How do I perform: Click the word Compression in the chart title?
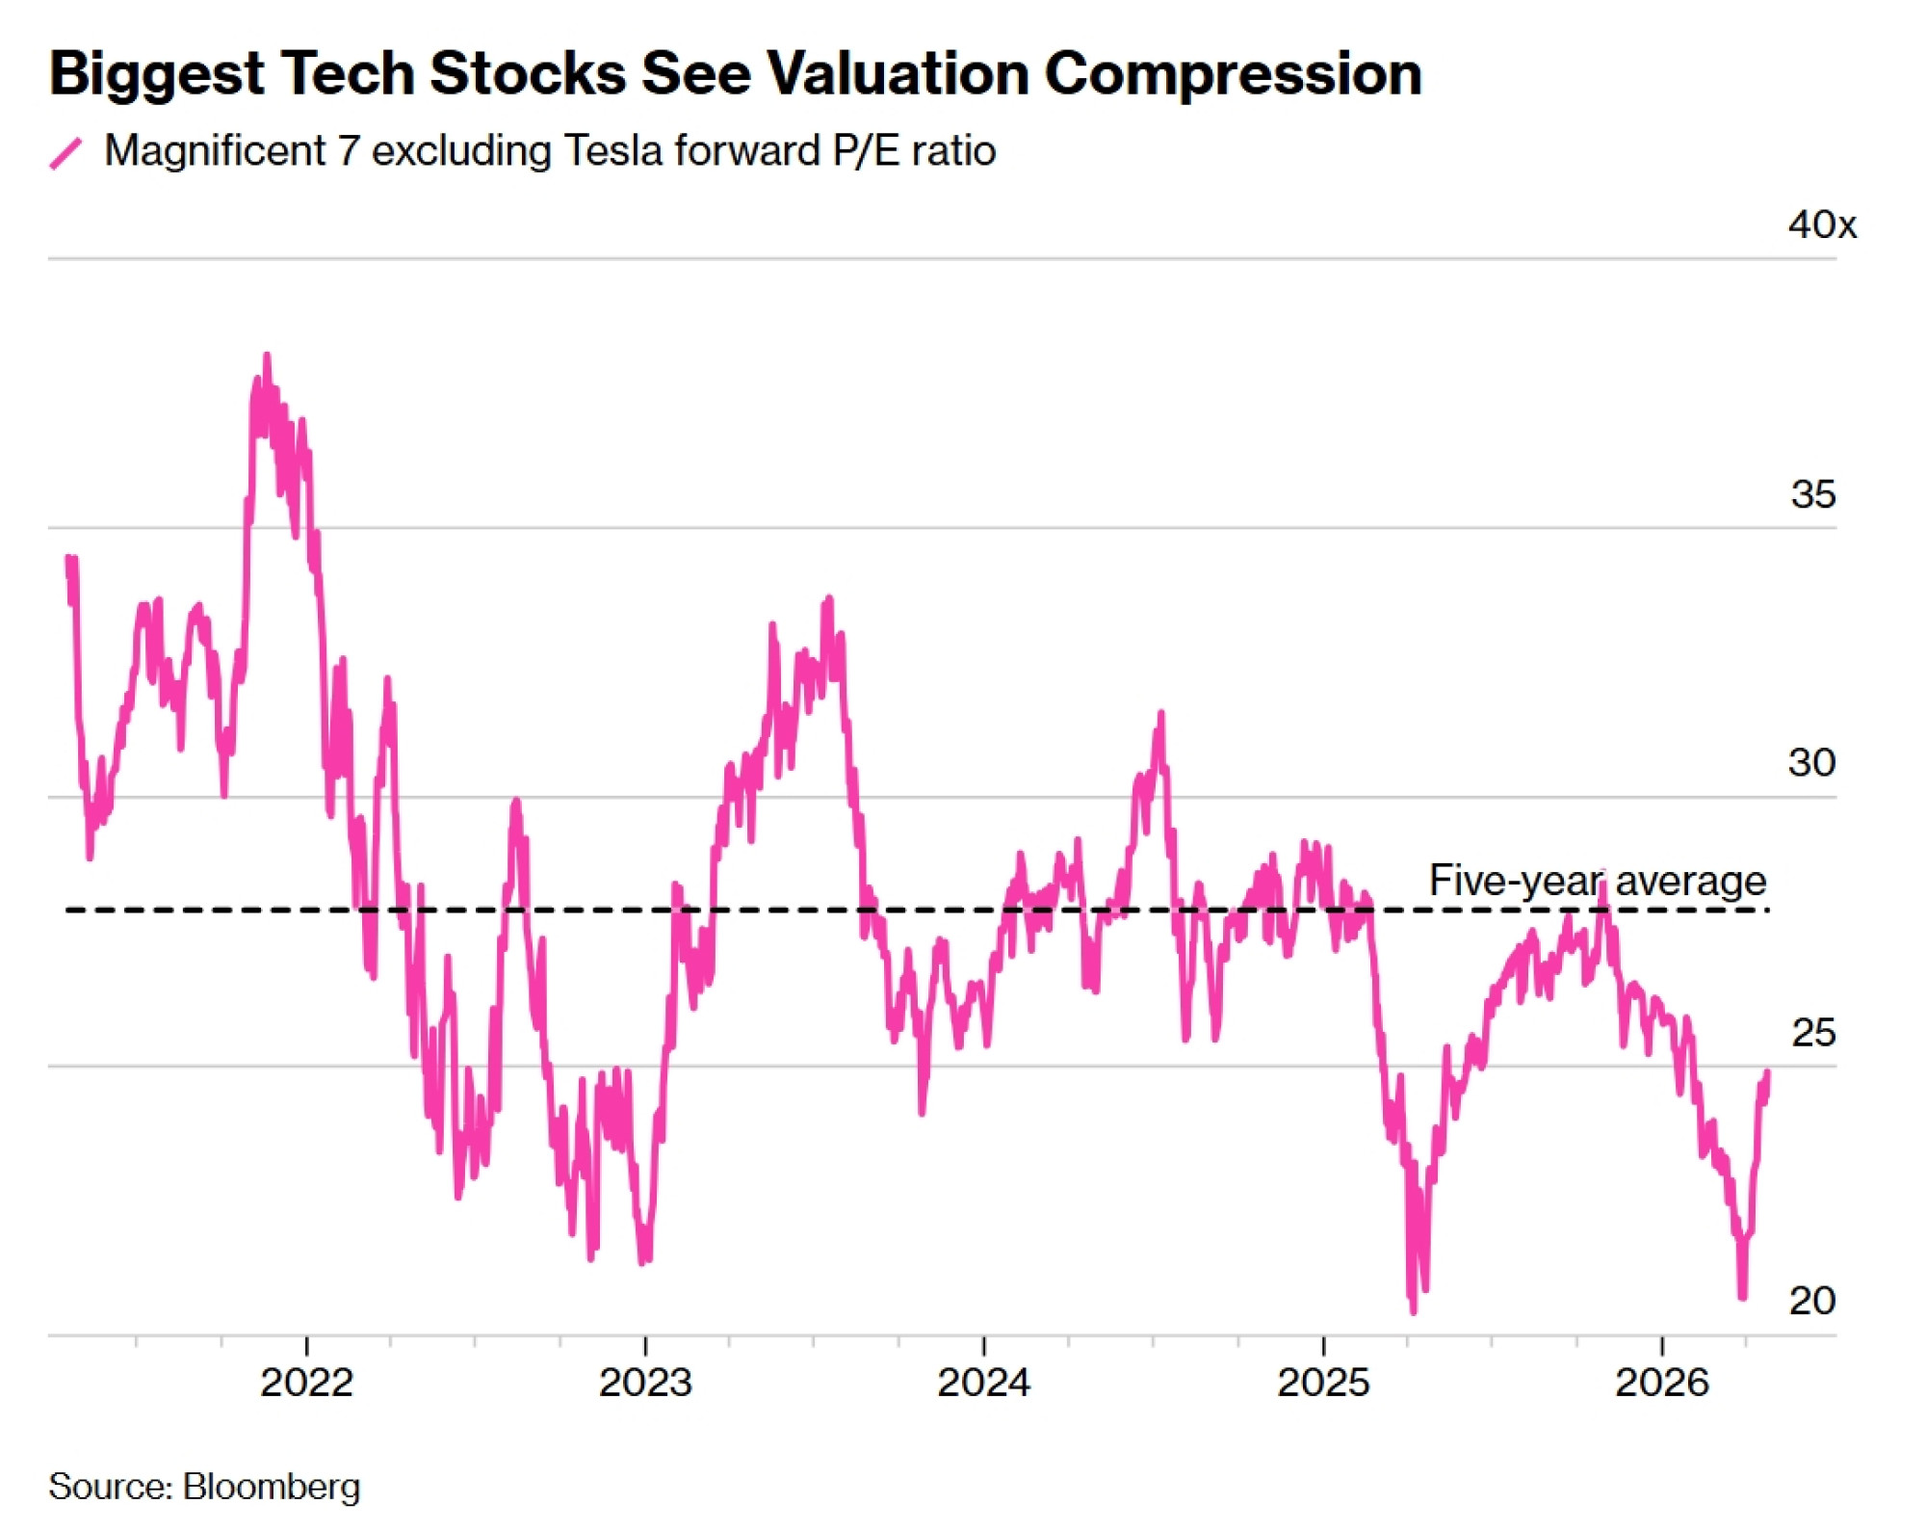pos(1233,73)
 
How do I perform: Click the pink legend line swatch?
pos(65,153)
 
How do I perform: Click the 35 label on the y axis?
pos(1812,495)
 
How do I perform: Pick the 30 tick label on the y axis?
pos(1811,763)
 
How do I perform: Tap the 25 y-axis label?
pos(1812,1033)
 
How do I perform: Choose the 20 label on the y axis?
pos(1811,1302)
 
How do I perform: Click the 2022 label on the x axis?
pos(307,1384)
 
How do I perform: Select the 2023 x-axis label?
pos(645,1384)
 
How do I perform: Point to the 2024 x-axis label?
pos(983,1384)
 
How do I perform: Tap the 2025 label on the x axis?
pos(1323,1384)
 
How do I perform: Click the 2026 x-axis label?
pos(1661,1384)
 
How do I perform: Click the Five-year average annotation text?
pos(1597,881)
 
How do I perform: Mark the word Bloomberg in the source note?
pos(272,1487)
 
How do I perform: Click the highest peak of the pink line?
pos(267,356)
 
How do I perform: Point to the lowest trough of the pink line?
pos(1413,1311)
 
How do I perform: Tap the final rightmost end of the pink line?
pos(1767,1072)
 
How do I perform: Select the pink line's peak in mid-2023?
pos(828,599)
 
